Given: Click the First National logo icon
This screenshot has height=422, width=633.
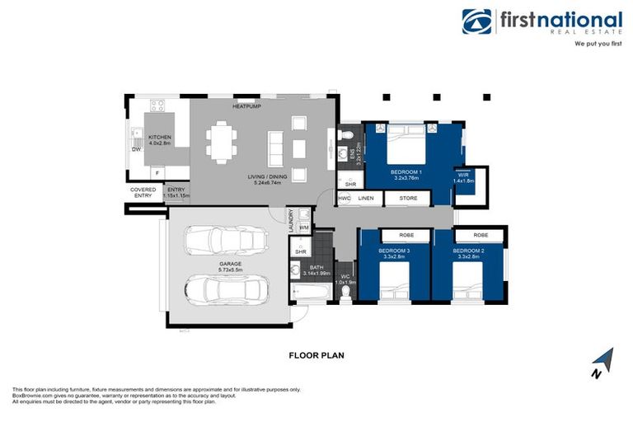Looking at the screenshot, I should (x=477, y=22).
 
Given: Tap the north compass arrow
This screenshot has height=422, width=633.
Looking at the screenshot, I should (x=605, y=360).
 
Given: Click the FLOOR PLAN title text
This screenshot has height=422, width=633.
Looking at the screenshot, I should (x=316, y=356).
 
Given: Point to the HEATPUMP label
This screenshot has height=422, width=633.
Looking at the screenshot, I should (x=247, y=106).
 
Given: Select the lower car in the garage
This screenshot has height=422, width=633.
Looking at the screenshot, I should (x=227, y=289).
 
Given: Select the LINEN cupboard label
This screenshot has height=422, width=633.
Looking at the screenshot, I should (x=366, y=199).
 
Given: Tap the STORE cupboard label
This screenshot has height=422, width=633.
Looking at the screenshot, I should (x=408, y=199).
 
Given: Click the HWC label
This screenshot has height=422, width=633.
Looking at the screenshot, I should (x=345, y=199).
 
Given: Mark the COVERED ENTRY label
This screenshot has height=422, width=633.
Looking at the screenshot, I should (x=143, y=193).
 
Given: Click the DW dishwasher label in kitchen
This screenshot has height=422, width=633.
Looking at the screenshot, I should (x=135, y=150).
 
